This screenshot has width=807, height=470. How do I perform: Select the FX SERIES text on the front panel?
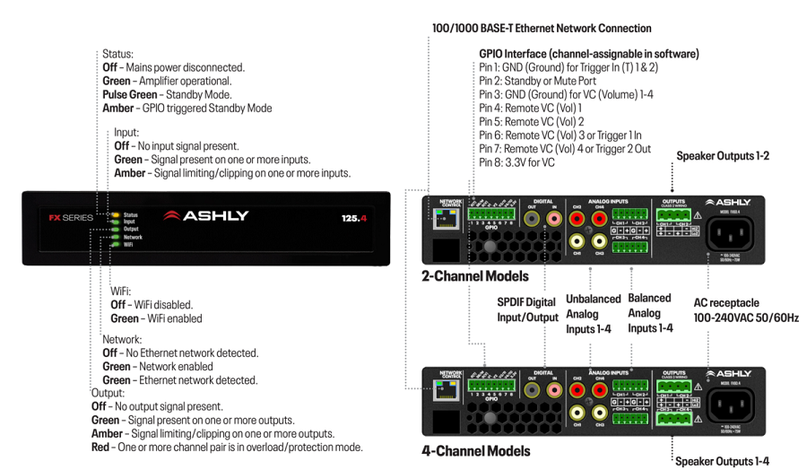71,218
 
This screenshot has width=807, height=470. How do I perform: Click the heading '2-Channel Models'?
475,277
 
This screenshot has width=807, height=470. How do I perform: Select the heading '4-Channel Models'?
476,450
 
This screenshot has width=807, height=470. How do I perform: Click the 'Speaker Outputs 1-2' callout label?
723,156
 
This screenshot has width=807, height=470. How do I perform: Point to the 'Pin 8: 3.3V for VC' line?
517,162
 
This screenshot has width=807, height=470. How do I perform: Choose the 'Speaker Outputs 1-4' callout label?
722,461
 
